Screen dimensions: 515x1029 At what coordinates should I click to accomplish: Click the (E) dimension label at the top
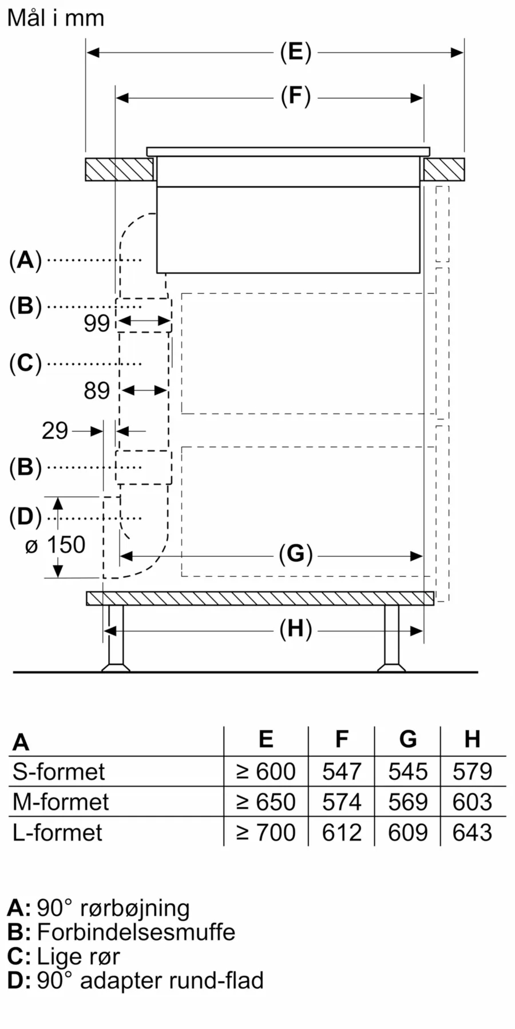click(x=295, y=52)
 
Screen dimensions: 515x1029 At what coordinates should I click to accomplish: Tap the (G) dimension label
click(x=295, y=554)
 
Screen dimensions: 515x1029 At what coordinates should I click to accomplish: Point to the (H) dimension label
click(x=295, y=629)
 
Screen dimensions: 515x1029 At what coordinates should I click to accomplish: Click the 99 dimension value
click(x=97, y=324)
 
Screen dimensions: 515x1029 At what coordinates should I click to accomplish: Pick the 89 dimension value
click(x=97, y=391)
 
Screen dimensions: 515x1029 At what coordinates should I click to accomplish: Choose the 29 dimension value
click(x=55, y=431)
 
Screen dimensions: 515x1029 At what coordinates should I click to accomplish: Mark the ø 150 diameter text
click(x=55, y=545)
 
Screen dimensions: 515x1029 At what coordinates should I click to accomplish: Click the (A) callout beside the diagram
click(x=26, y=260)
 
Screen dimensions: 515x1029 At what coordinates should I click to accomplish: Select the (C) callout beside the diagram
click(x=26, y=364)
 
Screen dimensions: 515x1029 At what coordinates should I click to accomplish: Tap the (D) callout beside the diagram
click(x=26, y=517)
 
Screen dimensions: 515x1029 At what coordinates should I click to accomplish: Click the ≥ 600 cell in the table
click(x=266, y=772)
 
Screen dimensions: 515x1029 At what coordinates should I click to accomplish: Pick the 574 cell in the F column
click(x=342, y=802)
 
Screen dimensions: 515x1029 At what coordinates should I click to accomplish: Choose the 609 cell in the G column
click(x=408, y=832)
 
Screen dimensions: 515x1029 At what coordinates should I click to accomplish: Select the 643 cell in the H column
click(x=472, y=832)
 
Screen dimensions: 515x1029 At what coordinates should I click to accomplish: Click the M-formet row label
click(x=61, y=802)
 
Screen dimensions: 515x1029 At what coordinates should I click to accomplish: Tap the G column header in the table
click(x=408, y=739)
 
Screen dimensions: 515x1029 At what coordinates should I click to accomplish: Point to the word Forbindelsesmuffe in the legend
click(x=136, y=932)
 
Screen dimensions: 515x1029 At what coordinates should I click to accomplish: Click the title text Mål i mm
click(x=56, y=18)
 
